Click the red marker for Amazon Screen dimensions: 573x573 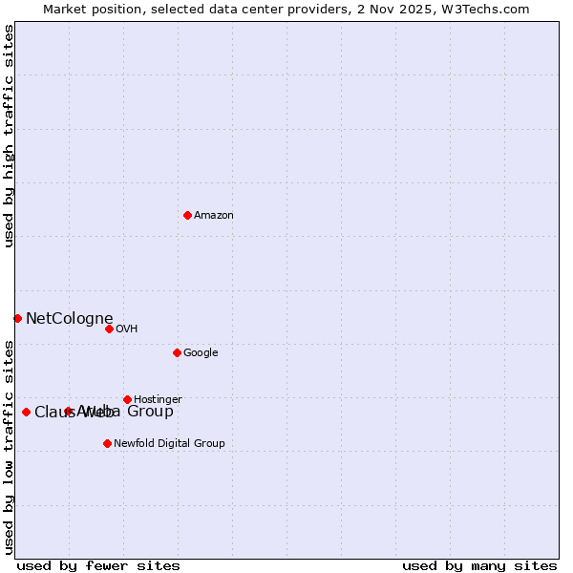[x=187, y=215]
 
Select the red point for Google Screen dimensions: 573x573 [x=177, y=352]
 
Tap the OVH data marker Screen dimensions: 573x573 [x=109, y=329]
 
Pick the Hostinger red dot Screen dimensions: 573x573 [x=127, y=399]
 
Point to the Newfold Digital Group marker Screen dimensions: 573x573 [x=107, y=443]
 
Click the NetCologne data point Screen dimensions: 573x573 [x=17, y=318]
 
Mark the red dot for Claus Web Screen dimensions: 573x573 [x=26, y=412]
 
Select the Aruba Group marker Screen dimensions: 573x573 [x=68, y=411]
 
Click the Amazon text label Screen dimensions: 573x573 [x=214, y=216]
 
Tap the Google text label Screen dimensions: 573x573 [x=201, y=353]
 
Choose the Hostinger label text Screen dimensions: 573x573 [x=158, y=399]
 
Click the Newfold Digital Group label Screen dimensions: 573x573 [x=169, y=443]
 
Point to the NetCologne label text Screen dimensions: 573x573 [x=70, y=319]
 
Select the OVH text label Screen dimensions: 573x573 [x=127, y=329]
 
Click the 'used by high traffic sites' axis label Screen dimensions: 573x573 [x=10, y=136]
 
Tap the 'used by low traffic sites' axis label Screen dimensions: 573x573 [x=10, y=446]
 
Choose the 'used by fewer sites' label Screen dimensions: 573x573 [x=98, y=565]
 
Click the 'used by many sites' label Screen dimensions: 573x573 [x=479, y=565]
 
